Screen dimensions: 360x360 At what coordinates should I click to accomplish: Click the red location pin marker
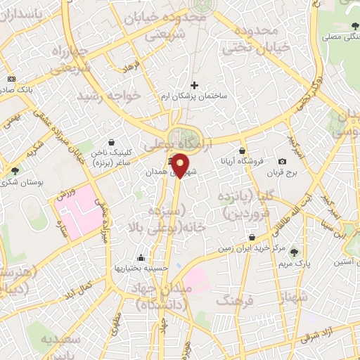(181, 165)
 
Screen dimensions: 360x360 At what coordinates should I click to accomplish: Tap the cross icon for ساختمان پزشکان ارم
(195, 85)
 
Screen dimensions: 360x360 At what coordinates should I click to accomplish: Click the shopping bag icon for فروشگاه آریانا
(243, 150)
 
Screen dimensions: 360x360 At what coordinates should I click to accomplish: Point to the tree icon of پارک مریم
(294, 252)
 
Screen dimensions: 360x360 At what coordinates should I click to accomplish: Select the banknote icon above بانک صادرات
(11, 79)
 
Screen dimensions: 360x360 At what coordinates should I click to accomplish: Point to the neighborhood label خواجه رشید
(110, 96)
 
